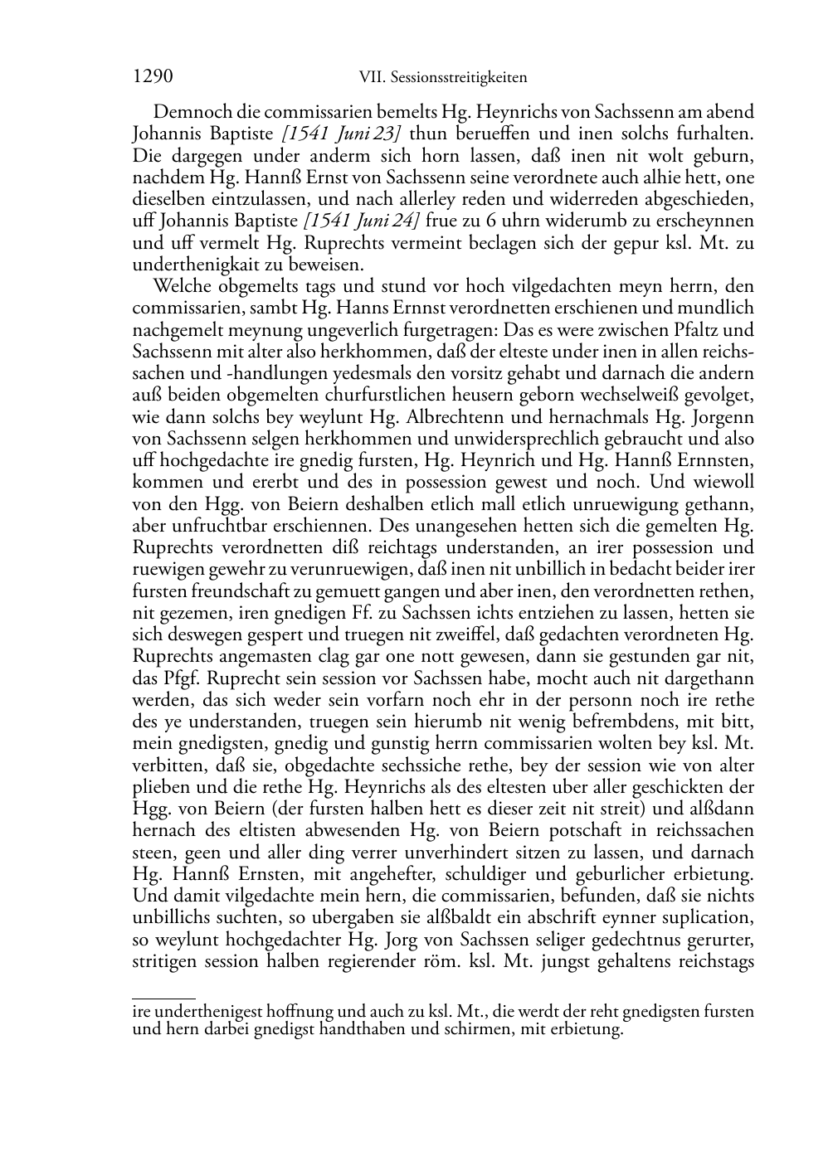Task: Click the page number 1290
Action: [x=153, y=77]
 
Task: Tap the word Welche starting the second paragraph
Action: [x=183, y=287]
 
